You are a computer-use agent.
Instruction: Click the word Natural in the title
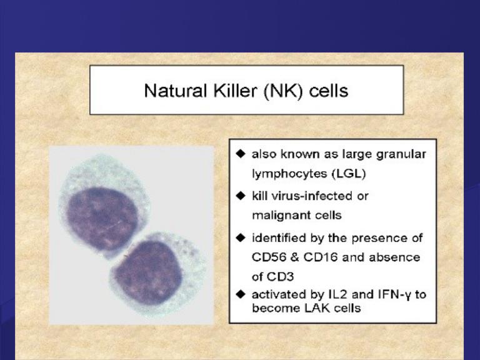coord(175,91)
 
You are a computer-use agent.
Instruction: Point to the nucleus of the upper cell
coord(102,218)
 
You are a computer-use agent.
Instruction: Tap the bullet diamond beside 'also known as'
coord(241,154)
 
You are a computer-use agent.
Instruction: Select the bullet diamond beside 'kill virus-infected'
coord(241,195)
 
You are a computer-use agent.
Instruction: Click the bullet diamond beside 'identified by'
coord(241,237)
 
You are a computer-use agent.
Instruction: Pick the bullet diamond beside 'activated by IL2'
coord(241,294)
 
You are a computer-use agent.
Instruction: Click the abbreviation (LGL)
coord(349,174)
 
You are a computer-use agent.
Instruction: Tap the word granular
coord(401,154)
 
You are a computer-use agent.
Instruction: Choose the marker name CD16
coord(320,257)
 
